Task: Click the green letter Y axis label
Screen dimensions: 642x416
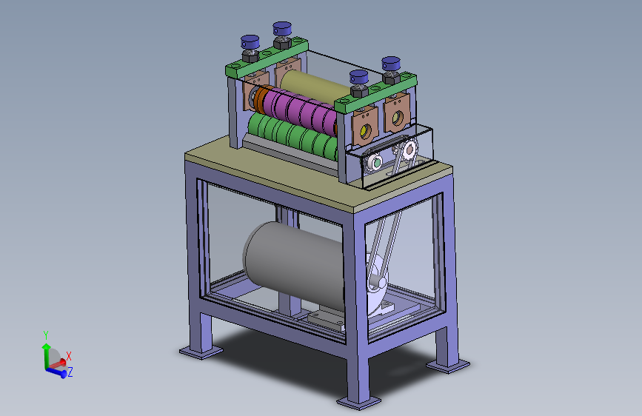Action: click(x=46, y=335)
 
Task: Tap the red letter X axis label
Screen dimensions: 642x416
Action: click(x=69, y=356)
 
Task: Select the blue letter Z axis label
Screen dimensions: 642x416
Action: click(x=70, y=372)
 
